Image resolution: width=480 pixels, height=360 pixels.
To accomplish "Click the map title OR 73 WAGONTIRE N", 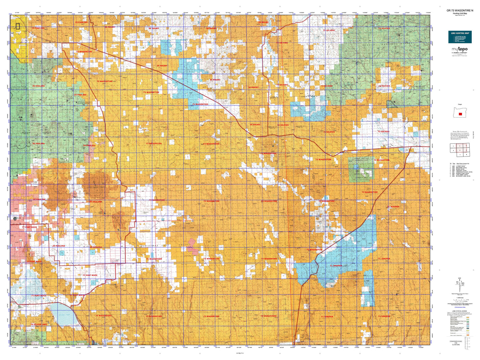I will [x=460, y=11].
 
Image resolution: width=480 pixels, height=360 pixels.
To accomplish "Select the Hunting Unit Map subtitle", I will [x=460, y=13].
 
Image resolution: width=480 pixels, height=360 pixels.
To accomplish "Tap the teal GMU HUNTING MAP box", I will [x=460, y=37].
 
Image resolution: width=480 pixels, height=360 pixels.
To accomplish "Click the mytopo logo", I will [x=459, y=49].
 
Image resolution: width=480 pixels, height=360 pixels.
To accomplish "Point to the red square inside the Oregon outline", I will [x=460, y=114].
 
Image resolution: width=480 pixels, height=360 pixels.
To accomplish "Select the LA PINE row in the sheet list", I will [x=460, y=166].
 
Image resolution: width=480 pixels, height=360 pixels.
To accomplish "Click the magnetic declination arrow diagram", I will [x=459, y=285].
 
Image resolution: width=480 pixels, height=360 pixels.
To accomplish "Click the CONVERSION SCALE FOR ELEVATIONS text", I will [x=456, y=343].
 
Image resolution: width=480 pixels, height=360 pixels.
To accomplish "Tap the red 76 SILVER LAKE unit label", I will [x=39, y=324].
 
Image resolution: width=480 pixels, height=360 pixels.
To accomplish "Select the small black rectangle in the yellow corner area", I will [x=18, y=26].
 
